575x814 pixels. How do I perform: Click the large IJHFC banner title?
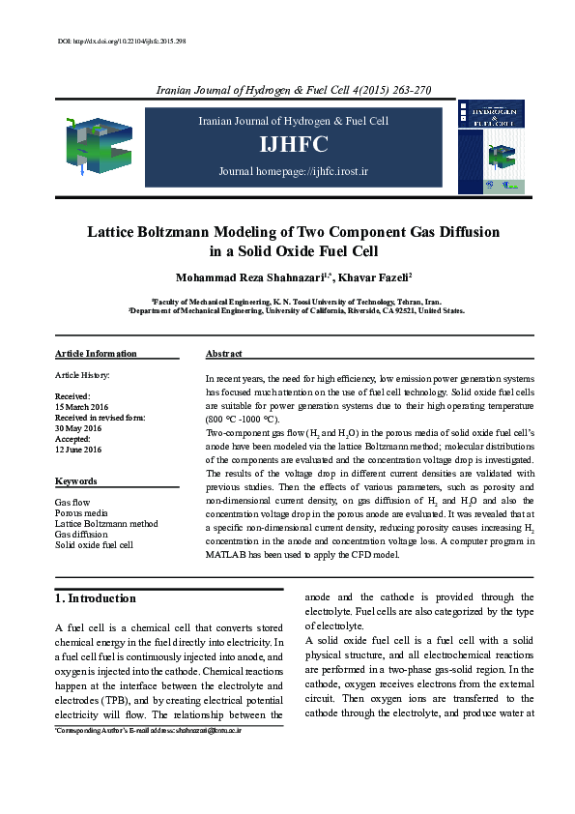point(294,145)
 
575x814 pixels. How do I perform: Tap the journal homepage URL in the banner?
point(294,171)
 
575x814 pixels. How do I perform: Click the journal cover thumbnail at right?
point(493,145)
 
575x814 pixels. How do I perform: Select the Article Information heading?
point(96,354)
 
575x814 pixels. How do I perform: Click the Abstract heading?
point(224,354)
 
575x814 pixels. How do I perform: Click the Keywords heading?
point(75,480)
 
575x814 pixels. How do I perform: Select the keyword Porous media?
point(82,513)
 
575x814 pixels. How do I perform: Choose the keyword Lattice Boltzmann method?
point(106,523)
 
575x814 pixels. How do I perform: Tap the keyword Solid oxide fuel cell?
point(95,544)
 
